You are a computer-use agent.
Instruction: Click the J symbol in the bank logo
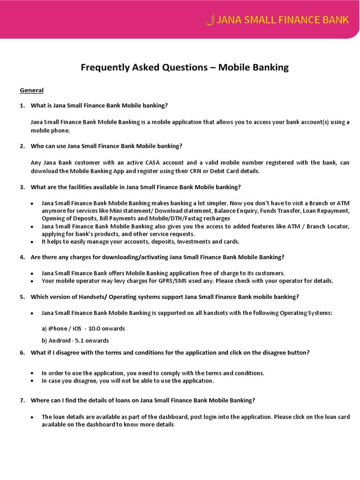(x=210, y=20)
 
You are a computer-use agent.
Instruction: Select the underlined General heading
(x=31, y=90)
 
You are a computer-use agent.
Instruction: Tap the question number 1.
(x=22, y=106)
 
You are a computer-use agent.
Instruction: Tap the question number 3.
(x=22, y=187)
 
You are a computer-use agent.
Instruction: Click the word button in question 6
(x=296, y=352)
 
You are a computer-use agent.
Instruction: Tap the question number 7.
(x=22, y=400)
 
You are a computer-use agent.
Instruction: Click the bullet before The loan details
(x=32, y=417)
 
